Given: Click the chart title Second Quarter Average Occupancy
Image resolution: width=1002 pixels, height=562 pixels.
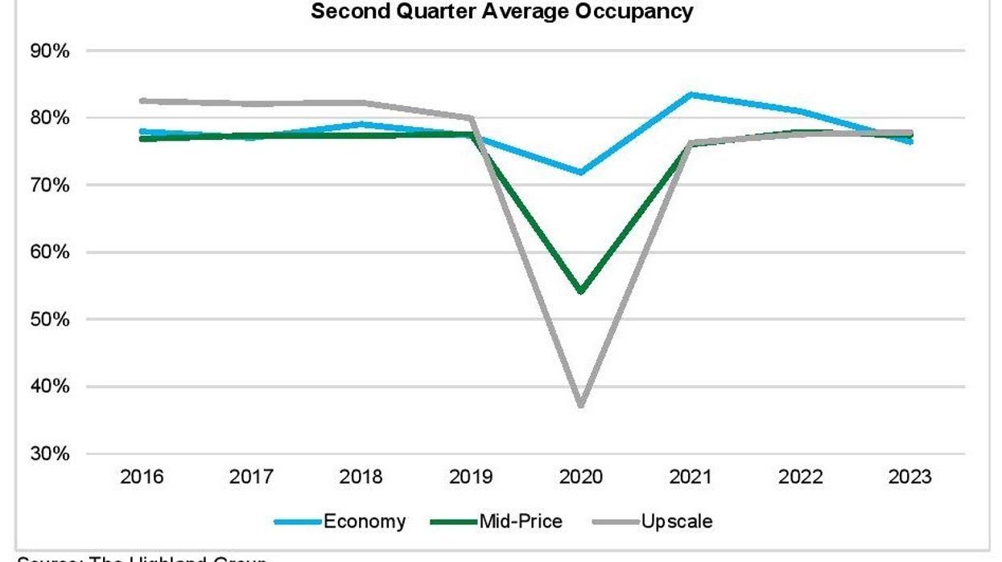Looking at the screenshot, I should (501, 12).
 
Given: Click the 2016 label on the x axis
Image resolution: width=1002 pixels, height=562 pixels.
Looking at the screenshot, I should (142, 477).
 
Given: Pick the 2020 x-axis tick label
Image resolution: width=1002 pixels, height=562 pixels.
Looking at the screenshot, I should (581, 477).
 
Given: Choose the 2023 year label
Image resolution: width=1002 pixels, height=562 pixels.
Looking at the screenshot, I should (910, 477).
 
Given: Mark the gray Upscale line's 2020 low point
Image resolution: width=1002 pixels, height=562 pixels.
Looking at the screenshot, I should (581, 404).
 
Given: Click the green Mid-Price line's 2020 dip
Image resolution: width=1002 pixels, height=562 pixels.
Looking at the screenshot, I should (581, 290).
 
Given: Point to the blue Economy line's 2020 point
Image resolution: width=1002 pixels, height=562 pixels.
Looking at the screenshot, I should (581, 172).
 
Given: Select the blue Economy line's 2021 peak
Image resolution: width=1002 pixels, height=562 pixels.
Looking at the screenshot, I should (691, 94).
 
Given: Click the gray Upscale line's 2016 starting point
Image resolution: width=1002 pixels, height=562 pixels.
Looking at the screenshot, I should (142, 101).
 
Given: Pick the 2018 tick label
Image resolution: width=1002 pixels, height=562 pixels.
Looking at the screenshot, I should (361, 477).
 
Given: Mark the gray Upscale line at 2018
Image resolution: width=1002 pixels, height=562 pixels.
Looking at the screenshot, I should (361, 103).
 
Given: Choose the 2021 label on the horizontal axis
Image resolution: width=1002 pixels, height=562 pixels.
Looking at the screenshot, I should (691, 477).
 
